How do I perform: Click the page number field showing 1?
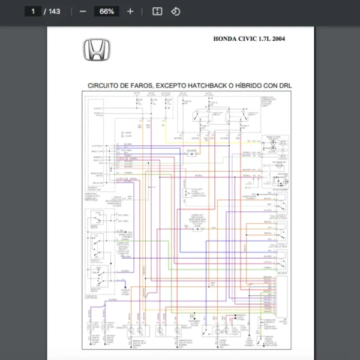[x=32, y=11]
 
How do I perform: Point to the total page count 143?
[x=54, y=11]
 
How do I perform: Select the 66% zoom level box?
[x=107, y=11]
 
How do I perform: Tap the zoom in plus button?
[x=130, y=11]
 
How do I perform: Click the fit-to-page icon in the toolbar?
[x=157, y=11]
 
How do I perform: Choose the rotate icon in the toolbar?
[x=176, y=11]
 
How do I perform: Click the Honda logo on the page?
[x=95, y=49]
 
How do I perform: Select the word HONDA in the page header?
[x=225, y=39]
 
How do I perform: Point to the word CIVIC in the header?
[x=250, y=39]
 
